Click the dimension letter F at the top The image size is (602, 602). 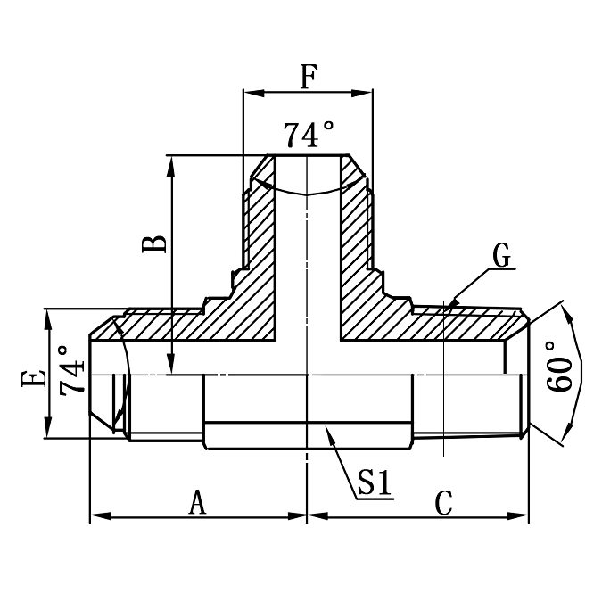[x=308, y=78]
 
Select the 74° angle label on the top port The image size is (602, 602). [x=309, y=136]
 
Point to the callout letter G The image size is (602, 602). [x=502, y=256]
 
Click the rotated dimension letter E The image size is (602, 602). [x=33, y=380]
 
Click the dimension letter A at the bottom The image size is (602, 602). [x=197, y=503]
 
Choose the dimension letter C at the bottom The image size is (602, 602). [x=443, y=503]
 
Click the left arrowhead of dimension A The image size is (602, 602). [x=95, y=515]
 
